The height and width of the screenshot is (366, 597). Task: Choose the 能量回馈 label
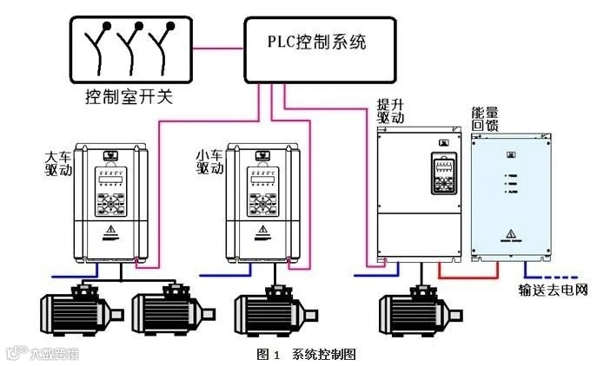[484, 119]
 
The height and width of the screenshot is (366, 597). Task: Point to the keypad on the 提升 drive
[441, 174]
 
